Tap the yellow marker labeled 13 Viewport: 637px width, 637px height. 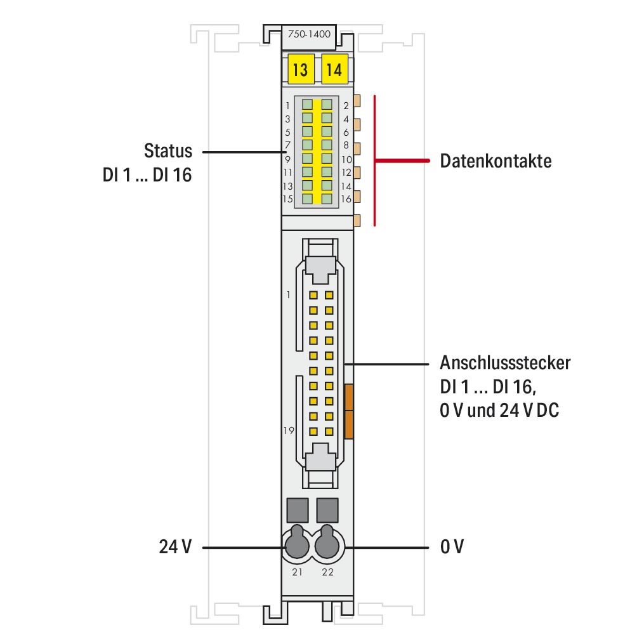pos(299,70)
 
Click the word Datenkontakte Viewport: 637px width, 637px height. pos(496,161)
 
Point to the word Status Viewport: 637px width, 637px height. pos(167,152)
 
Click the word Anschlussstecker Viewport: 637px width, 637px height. pos(505,364)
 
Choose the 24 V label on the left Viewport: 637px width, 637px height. pos(174,546)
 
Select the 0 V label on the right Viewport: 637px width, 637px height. pos(452,546)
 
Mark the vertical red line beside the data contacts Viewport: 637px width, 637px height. pos(375,161)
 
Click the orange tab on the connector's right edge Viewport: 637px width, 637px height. pos(348,410)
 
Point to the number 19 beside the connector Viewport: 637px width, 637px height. pos(289,430)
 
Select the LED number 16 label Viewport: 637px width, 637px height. pos(346,199)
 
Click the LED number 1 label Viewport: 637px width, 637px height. pos(287,105)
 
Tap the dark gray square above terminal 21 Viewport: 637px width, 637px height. pos(297,509)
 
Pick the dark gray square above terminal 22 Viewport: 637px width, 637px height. pos(327,509)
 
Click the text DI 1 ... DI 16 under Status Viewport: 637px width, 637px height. pos(147,175)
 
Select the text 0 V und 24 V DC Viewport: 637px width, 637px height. pos(499,410)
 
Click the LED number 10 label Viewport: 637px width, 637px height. pos(346,159)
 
